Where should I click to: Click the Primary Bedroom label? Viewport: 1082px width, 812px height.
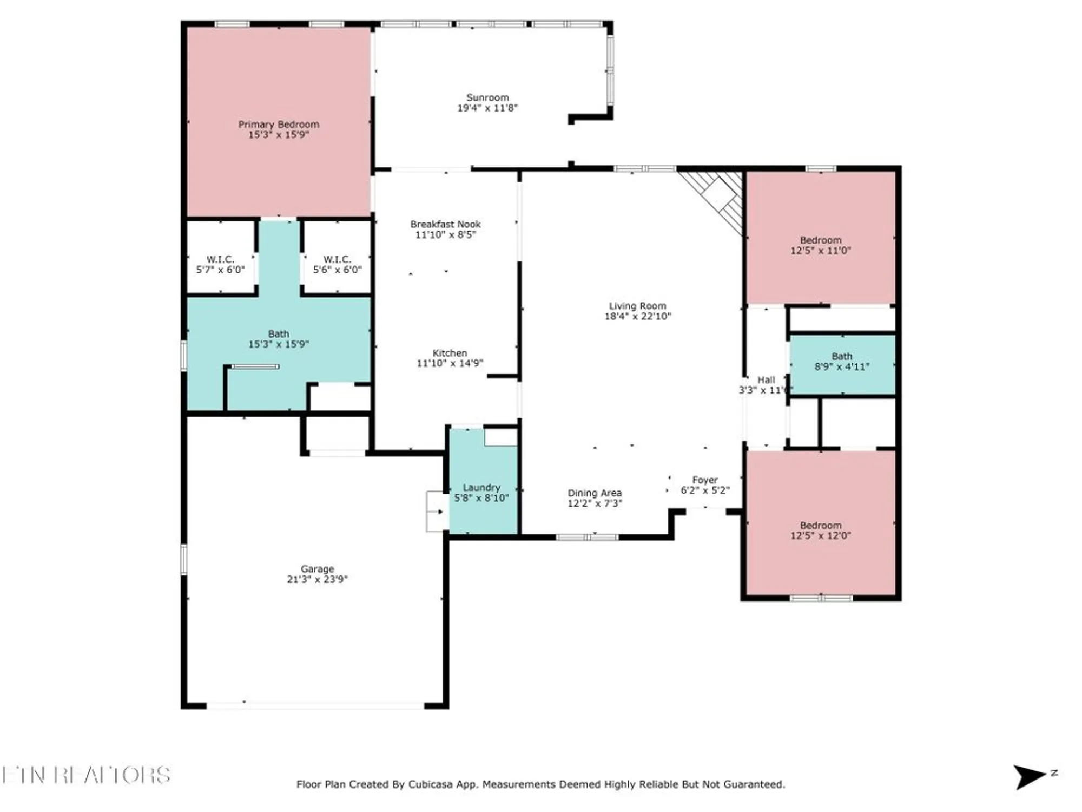pyautogui.click(x=279, y=125)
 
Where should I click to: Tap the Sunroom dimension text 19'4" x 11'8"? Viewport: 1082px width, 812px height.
pyautogui.click(x=487, y=108)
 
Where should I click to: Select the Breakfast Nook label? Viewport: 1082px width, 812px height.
pyautogui.click(x=445, y=224)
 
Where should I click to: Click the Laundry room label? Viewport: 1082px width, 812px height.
pyautogui.click(x=481, y=488)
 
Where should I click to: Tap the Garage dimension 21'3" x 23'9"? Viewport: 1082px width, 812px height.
pyautogui.click(x=317, y=579)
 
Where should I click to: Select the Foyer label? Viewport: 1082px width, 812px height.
pyautogui.click(x=705, y=480)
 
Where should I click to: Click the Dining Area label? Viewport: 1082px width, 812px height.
pyautogui.click(x=595, y=493)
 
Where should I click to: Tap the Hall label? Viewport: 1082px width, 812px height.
pyautogui.click(x=766, y=380)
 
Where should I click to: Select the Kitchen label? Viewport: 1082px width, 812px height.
pyautogui.click(x=450, y=353)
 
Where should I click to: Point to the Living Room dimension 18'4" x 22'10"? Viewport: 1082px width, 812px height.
pyautogui.click(x=637, y=316)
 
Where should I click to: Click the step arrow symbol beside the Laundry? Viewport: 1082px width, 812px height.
pyautogui.click(x=437, y=512)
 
